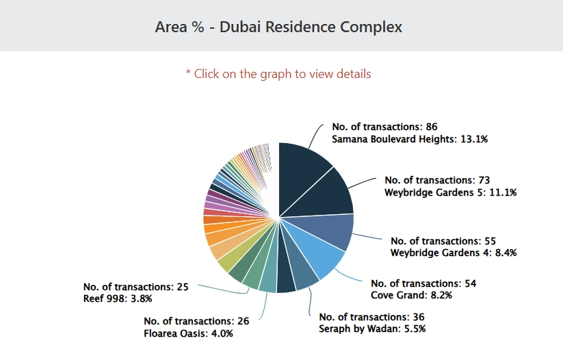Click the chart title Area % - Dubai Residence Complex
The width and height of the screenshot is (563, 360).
click(278, 27)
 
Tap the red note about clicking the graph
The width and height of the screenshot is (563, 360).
click(278, 73)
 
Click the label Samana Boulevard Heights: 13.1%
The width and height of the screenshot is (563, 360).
click(410, 139)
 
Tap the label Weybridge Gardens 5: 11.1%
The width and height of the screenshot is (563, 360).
click(450, 192)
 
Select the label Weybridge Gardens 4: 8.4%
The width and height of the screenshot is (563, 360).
click(453, 253)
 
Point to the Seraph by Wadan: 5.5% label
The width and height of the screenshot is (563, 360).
click(372, 329)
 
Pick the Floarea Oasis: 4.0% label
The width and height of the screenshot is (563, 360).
click(189, 333)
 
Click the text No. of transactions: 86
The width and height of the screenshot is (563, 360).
click(384, 127)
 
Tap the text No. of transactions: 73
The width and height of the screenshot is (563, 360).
click(437, 180)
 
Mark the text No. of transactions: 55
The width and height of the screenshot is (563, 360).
click(443, 241)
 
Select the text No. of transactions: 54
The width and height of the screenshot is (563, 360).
click(423, 283)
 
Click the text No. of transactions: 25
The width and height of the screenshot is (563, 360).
click(135, 287)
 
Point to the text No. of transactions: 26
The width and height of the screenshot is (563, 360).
click(196, 321)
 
